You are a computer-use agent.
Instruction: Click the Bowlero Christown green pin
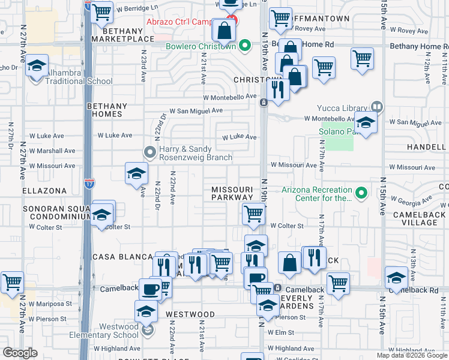coord(244,46)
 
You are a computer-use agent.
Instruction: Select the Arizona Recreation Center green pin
coord(360,193)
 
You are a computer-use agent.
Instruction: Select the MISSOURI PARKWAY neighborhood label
coord(232,193)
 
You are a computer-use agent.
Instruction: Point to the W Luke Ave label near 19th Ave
coord(239,137)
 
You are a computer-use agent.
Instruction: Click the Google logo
coord(20,353)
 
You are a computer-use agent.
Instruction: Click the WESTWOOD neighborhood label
coord(190,314)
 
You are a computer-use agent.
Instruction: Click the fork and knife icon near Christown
coord(277,88)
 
